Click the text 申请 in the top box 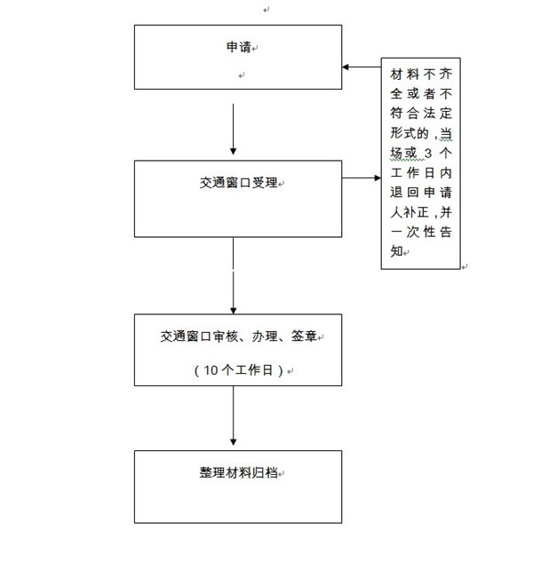click(x=239, y=47)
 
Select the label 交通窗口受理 click(x=239, y=183)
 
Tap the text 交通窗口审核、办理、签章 click(x=239, y=336)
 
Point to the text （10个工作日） click(x=239, y=370)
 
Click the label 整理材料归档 click(x=239, y=472)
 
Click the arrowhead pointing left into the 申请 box click(x=346, y=67)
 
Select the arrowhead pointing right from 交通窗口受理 click(x=378, y=178)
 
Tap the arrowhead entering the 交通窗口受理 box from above click(x=233, y=151)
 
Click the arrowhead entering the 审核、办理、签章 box click(x=233, y=311)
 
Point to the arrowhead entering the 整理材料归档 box click(x=233, y=442)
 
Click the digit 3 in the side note click(x=428, y=154)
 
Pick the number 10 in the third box click(x=211, y=370)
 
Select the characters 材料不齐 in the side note click(x=421, y=75)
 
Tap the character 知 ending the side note click(x=396, y=251)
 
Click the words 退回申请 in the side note click(x=421, y=193)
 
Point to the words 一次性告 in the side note click(x=421, y=232)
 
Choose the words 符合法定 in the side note click(x=421, y=114)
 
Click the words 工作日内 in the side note click(x=421, y=173)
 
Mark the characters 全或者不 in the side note click(x=421, y=94)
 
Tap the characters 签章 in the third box click(x=304, y=336)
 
